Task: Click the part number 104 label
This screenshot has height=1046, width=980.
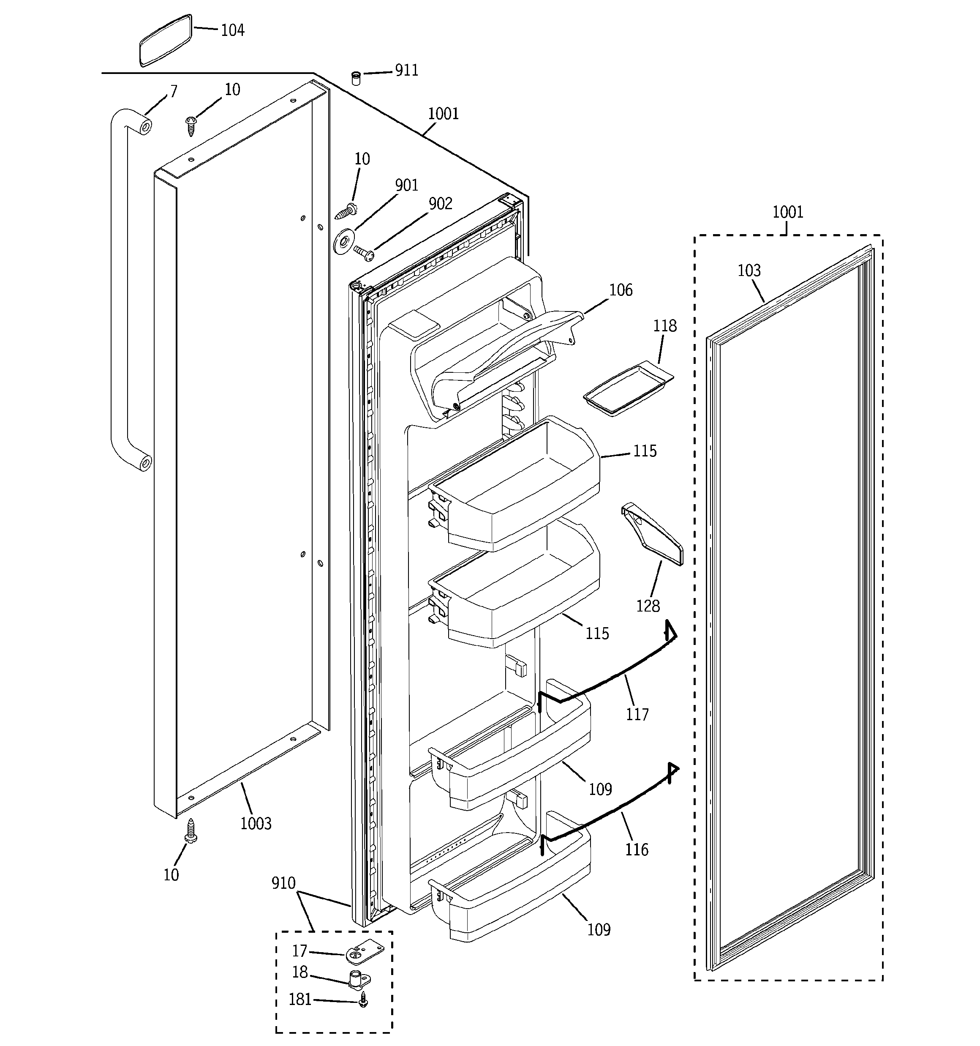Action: click(232, 30)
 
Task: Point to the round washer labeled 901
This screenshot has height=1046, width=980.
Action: click(343, 243)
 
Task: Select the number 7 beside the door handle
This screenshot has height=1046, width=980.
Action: click(174, 92)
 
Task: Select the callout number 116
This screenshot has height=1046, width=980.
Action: click(637, 849)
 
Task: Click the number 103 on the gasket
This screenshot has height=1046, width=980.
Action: click(749, 270)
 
